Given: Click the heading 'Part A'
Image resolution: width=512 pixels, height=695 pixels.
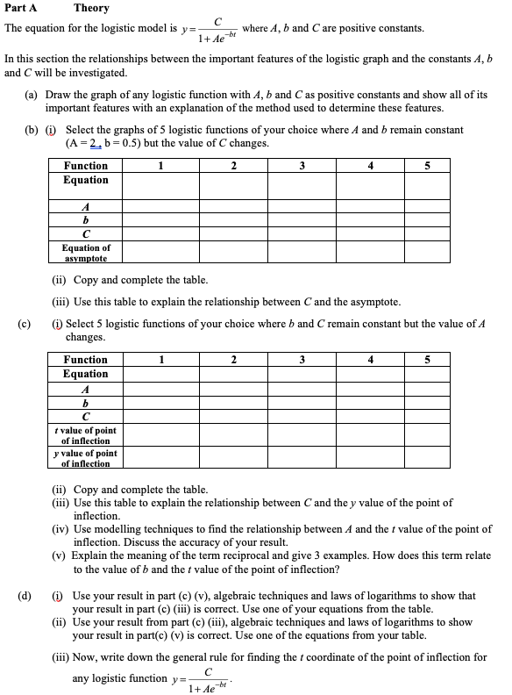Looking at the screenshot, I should tap(20, 8).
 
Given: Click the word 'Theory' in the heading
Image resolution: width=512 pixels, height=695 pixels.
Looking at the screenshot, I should tap(91, 8).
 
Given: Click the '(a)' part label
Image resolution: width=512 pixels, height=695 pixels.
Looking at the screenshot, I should tap(32, 94).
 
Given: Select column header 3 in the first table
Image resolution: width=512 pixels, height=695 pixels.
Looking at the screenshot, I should tap(302, 166).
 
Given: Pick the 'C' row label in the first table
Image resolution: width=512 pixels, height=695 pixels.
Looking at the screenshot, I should tap(86, 234).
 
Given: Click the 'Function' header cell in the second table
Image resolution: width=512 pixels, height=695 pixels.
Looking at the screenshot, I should tap(86, 360).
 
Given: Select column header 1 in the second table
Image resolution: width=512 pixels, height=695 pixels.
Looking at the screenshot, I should tap(161, 360).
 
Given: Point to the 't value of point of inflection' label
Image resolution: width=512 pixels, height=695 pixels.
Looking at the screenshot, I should tap(86, 435).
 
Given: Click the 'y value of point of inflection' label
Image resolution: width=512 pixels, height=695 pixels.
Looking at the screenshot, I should tap(86, 458).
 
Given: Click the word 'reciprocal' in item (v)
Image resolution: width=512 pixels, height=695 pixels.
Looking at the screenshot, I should tap(256, 555).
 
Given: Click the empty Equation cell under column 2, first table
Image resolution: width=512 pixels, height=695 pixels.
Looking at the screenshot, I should tap(232, 185).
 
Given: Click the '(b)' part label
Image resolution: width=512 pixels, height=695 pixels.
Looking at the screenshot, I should tap(32, 130).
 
